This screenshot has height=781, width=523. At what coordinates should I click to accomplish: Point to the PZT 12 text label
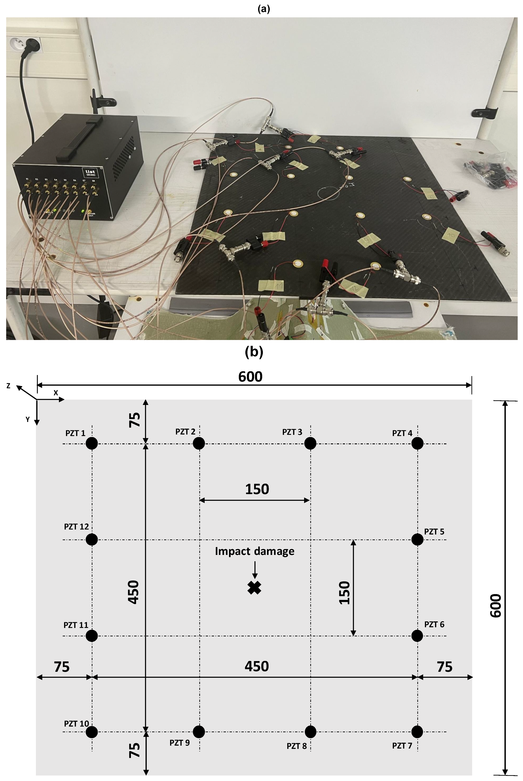point(76,527)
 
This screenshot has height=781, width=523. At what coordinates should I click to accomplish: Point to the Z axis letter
point(8,386)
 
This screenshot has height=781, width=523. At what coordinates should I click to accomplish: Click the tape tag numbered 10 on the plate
point(450,235)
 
